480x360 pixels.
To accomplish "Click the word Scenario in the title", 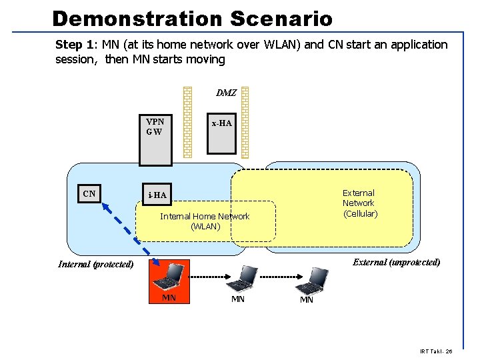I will tap(281, 18).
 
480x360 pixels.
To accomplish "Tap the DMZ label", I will tap(226, 93).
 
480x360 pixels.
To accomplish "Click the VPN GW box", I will tap(155, 139).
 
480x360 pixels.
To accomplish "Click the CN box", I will tap(89, 194).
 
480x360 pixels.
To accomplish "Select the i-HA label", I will tap(157, 195).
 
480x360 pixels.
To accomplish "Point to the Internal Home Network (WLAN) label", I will tap(205, 221).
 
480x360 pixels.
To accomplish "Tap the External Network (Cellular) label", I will tap(359, 203).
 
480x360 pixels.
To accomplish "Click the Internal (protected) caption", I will tap(95, 264).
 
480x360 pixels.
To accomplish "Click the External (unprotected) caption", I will tap(396, 262).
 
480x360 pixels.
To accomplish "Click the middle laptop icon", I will tap(245, 278).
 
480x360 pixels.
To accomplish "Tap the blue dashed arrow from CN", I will tap(127, 230).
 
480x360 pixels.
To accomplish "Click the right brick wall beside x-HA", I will tap(245, 122).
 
